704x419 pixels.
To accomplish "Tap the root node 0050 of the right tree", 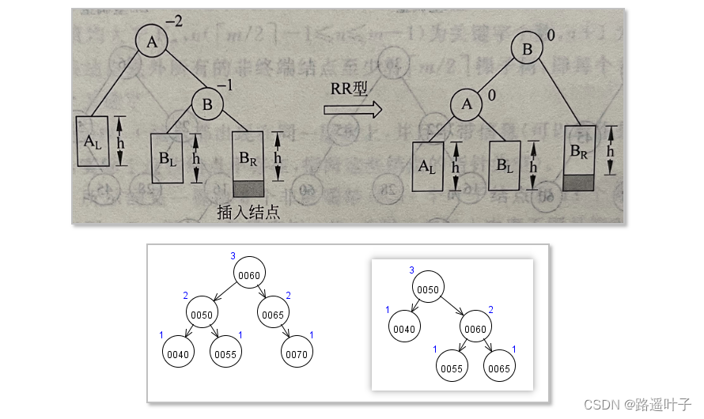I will [x=428, y=289].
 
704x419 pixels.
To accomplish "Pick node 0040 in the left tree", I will [x=179, y=355].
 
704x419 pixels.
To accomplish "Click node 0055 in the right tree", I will [x=452, y=368].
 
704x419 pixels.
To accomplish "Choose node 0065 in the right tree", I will [x=500, y=368].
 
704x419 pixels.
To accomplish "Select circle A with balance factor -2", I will [x=153, y=42].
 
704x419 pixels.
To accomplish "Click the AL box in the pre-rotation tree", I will [x=93, y=142].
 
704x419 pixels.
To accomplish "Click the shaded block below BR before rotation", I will [x=251, y=188].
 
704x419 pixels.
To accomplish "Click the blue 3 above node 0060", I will [x=233, y=255].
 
